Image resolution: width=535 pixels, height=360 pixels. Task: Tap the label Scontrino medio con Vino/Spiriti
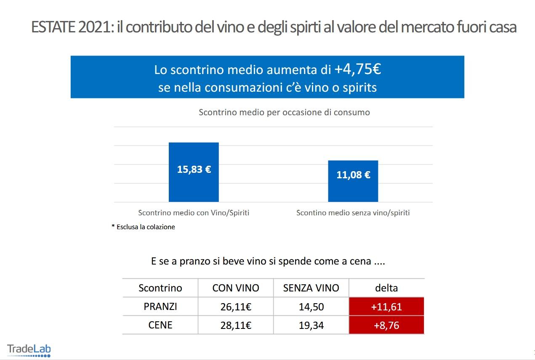tap(194, 213)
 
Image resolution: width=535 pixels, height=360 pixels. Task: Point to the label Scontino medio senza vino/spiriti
tap(353, 213)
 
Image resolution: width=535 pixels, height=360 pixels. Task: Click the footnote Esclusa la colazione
tap(143, 227)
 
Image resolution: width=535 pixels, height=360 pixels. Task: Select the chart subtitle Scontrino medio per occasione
tap(284, 113)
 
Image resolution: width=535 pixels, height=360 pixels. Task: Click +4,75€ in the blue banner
tap(358, 69)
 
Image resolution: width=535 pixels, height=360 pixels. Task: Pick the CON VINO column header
tap(236, 288)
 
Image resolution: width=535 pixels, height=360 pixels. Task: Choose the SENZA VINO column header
tap(311, 288)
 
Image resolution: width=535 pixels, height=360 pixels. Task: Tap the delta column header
tap(386, 288)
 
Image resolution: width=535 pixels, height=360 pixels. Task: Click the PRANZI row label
tap(160, 307)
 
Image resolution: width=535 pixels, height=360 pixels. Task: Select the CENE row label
tap(160, 325)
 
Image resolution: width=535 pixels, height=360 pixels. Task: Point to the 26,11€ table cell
tap(236, 307)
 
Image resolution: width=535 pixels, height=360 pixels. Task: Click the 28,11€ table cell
tap(236, 326)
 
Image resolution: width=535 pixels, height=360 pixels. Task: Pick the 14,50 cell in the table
tap(311, 307)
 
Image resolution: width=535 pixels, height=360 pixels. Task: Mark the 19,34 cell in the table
tap(311, 326)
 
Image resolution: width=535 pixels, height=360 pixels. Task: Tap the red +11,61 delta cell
tap(386, 307)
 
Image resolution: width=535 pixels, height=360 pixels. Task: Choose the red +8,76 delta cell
tap(386, 325)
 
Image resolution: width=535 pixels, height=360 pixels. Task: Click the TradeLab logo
tap(29, 350)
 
